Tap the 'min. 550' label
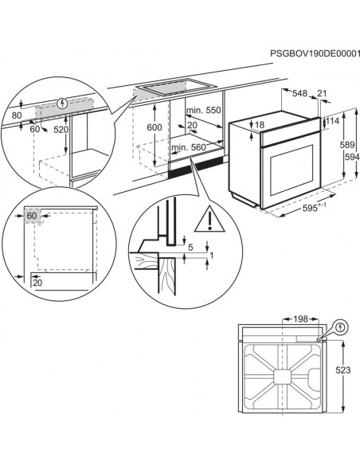[x=202, y=109]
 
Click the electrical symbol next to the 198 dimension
[x=341, y=326]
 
